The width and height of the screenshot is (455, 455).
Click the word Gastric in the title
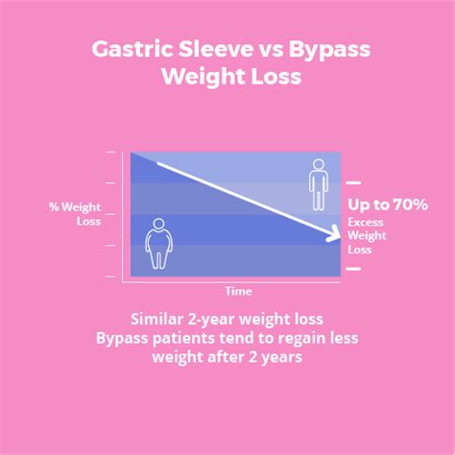click(x=132, y=50)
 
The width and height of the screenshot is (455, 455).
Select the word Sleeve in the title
click(x=215, y=49)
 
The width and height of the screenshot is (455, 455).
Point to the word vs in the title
click(x=271, y=52)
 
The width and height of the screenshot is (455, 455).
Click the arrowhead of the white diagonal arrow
click(x=334, y=233)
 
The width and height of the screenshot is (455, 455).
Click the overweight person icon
click(x=159, y=244)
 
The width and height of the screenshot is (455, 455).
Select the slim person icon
click(x=319, y=184)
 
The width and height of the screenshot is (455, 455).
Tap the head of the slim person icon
click(x=319, y=164)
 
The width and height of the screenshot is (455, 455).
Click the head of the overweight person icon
click(x=159, y=224)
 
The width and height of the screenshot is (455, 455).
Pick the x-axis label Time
click(x=238, y=292)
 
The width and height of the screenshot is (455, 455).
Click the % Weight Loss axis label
click(x=75, y=214)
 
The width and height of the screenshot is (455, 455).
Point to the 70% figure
click(x=411, y=204)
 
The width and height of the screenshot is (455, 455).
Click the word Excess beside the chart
click(x=366, y=223)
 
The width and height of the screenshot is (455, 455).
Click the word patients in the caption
click(x=183, y=339)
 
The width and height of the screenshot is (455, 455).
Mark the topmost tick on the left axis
click(x=110, y=152)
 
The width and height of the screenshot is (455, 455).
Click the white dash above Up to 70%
click(x=353, y=182)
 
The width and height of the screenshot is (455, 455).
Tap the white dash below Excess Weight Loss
click(x=353, y=269)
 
